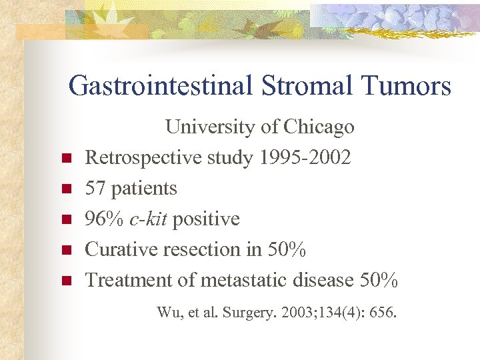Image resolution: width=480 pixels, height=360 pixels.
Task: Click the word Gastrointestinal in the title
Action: tap(161, 86)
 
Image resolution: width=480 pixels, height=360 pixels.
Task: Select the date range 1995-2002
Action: tap(305, 157)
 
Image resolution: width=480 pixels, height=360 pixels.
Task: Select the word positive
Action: tap(206, 219)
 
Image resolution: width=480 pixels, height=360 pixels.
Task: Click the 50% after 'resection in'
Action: tap(286, 249)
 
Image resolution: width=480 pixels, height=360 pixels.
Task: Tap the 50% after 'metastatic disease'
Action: tap(379, 280)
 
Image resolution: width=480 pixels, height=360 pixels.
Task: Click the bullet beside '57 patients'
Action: tap(66, 189)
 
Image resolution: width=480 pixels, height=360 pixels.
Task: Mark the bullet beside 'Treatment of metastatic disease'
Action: tap(66, 281)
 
